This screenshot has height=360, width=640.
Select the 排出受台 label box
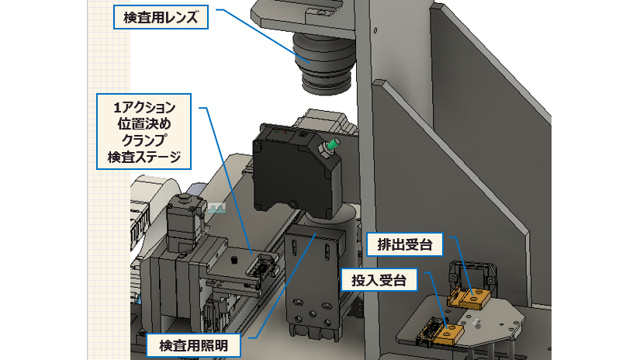click(x=404, y=245)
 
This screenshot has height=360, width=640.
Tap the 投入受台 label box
click(x=379, y=279)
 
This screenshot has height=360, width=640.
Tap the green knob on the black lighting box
click(x=332, y=144)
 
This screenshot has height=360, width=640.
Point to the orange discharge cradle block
click(x=472, y=296)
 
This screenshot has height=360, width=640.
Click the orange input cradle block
click(x=449, y=334)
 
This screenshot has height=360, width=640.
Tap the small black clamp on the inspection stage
click(x=264, y=267)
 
